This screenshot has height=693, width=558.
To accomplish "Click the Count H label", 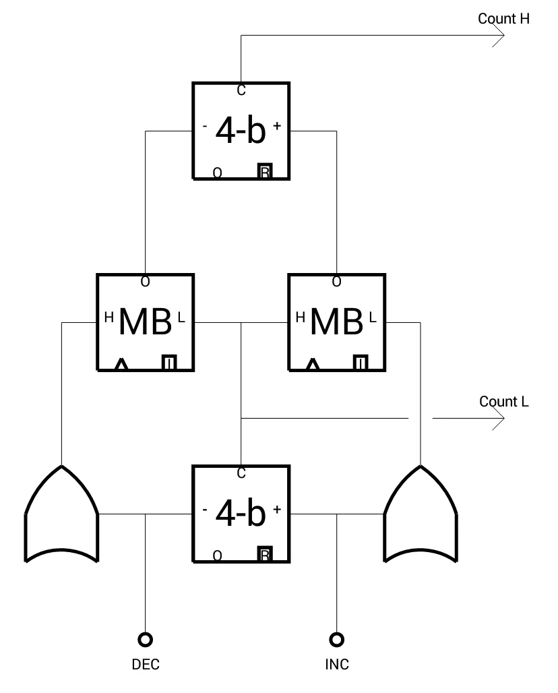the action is tap(503, 19).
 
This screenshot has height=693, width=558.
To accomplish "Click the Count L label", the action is tap(503, 401).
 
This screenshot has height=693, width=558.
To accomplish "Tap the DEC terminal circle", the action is tap(146, 639).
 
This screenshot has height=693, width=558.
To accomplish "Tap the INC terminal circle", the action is tap(337, 639).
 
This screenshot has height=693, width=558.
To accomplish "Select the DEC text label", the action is tap(146, 664).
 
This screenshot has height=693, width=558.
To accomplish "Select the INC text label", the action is tap(337, 664).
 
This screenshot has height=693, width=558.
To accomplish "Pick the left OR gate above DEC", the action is tap(61, 514).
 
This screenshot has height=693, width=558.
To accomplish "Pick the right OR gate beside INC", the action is tap(420, 514).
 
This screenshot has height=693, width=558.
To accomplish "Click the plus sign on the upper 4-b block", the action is tap(277, 126).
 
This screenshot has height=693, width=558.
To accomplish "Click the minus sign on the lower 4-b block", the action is tap(205, 509).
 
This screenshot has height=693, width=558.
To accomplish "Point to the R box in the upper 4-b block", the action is tap(265, 171).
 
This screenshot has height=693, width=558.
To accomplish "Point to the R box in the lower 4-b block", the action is tap(265, 554).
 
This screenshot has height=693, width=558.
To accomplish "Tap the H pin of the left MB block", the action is tap(109, 318).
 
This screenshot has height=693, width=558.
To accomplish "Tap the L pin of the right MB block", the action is tap(373, 318).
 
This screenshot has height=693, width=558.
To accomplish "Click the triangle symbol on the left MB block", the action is tap(121, 365).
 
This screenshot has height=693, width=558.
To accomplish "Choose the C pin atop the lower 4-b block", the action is tap(241, 473).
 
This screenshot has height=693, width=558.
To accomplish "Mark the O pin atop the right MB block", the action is tap(337, 282).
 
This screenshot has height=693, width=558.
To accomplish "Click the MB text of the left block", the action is tap(146, 322).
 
